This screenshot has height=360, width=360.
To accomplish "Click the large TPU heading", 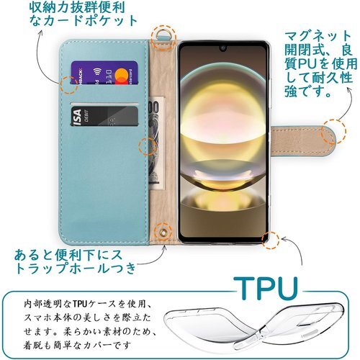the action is click(266, 288).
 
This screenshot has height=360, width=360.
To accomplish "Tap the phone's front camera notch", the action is click(223, 48).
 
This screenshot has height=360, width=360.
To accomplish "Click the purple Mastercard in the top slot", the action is click(104, 73).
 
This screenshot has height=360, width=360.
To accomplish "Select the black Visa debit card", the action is click(104, 117).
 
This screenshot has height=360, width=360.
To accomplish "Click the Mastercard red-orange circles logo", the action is click(122, 76).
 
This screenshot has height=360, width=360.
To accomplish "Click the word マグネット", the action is click(318, 36).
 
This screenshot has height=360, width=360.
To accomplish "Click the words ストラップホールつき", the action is click(75, 268).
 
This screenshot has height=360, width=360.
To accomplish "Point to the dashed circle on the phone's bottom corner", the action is click(271, 240).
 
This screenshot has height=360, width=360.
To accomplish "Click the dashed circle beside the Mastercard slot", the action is click(69, 85).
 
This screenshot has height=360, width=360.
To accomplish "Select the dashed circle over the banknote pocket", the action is click(148, 146).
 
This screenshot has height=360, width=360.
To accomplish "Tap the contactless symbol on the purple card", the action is click(97, 71).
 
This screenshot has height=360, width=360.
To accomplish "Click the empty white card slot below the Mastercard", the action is click(104, 104).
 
